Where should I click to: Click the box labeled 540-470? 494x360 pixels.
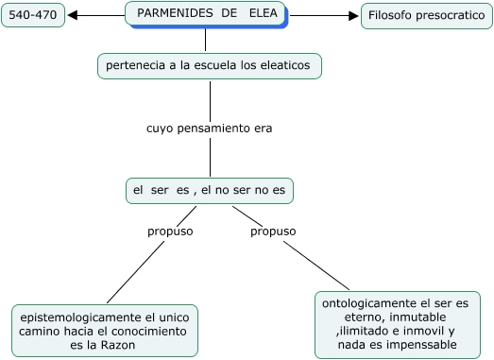coord(34,16)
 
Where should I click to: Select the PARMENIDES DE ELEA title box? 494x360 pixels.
coord(205,14)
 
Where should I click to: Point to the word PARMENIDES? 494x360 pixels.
coord(172,13)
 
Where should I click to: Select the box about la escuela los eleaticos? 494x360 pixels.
coord(210,66)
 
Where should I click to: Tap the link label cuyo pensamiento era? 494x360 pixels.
coord(210,128)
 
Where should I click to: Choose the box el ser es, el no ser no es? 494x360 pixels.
coord(210,190)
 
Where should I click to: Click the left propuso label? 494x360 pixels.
coord(170,231)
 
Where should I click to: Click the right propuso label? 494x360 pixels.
coord(273,231)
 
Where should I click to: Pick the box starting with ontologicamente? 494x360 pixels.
coord(396,325)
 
